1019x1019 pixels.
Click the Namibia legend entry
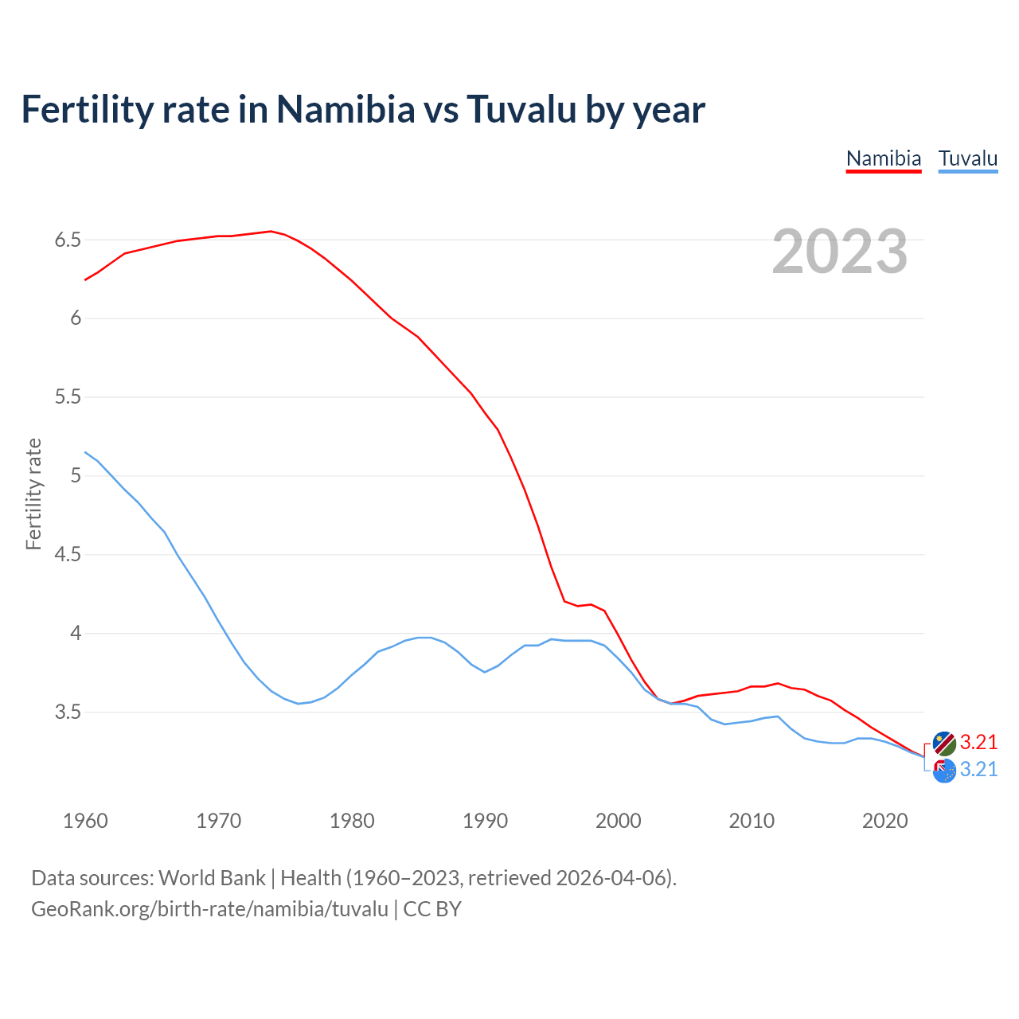tap(883, 158)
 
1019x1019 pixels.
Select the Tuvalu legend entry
tap(967, 158)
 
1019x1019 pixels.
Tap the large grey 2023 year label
tap(840, 252)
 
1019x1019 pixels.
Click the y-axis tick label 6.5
tap(68, 240)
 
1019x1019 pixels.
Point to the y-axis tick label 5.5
tap(68, 397)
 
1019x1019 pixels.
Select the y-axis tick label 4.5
tap(68, 554)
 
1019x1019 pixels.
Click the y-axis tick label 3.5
tap(68, 712)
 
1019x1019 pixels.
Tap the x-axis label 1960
tap(85, 821)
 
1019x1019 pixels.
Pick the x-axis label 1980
tap(352, 821)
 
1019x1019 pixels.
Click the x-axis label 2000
tap(618, 821)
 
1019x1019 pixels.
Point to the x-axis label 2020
tap(884, 821)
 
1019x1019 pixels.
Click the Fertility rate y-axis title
tap(33, 494)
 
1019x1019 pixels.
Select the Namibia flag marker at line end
tap(944, 743)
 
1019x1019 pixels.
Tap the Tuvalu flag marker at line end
tap(944, 771)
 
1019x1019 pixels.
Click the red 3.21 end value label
tap(978, 742)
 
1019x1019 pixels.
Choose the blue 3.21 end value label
tap(978, 770)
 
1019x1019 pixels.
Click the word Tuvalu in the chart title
tap(521, 109)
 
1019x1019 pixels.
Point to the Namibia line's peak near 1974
tap(271, 232)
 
